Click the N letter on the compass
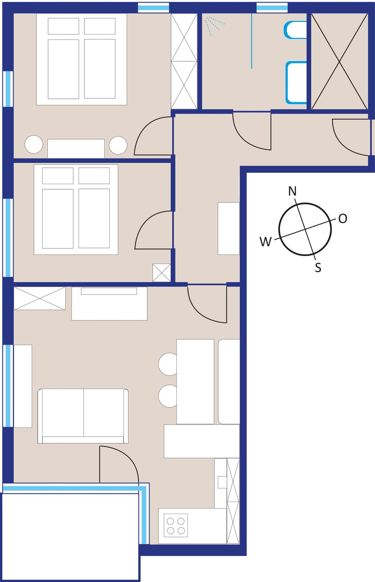[x=292, y=191]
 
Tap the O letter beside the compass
[x=343, y=219]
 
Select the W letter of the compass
[x=265, y=242]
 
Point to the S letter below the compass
[x=318, y=268]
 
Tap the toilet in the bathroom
[x=296, y=30]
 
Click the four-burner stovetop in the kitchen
[x=176, y=525]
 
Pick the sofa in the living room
[x=83, y=416]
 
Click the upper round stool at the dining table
[x=168, y=364]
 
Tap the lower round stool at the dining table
[x=168, y=396]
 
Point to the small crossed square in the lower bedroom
[x=161, y=272]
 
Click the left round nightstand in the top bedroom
[x=34, y=144]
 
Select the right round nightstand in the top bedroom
[x=118, y=145]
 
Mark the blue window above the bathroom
[x=272, y=7]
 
